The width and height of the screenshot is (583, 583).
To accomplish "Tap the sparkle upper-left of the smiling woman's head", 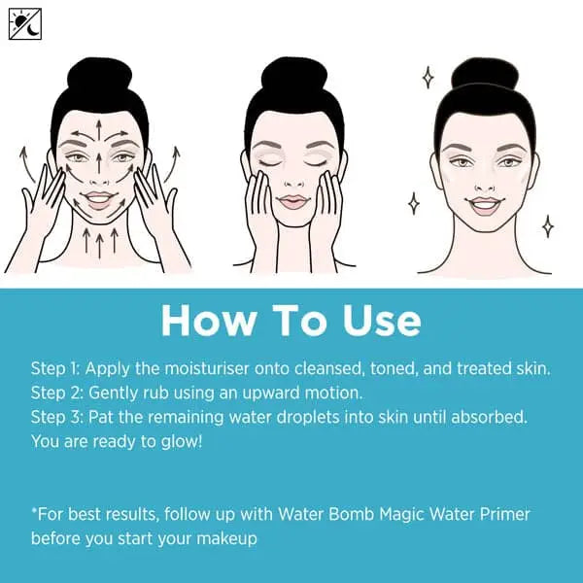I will [426, 77].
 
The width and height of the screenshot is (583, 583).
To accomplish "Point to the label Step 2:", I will [57, 394].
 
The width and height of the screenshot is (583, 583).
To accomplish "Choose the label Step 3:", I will [57, 418].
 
